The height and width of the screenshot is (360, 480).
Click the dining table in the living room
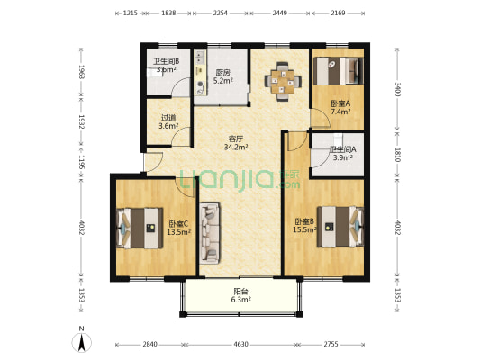tap(283, 81)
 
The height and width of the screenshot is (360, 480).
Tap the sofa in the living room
tap(210, 233)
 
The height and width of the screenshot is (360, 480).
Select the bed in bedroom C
tap(140, 229)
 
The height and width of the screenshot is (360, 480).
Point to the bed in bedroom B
tap(340, 227)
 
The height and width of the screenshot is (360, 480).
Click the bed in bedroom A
tap(338, 71)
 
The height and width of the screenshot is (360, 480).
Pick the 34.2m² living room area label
tap(236, 148)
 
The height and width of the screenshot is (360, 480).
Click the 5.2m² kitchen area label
tap(222, 81)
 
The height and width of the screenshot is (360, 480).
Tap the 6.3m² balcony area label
tap(241, 300)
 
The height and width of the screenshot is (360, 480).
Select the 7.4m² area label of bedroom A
tap(340, 112)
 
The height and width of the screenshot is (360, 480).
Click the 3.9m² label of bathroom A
tap(342, 157)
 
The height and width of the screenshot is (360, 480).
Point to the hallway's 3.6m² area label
tap(168, 126)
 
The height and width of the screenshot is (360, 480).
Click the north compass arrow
tap(81, 342)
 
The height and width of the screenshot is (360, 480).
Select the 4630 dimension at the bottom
tap(241, 345)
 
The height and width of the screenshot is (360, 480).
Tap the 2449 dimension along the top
tap(280, 13)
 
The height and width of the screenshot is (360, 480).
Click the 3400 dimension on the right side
tap(397, 90)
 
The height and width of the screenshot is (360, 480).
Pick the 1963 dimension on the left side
tap(81, 72)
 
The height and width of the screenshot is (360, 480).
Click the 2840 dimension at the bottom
tap(150, 345)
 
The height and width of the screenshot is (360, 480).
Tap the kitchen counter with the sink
tap(200, 73)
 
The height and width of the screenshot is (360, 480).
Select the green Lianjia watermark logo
tap(240, 181)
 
